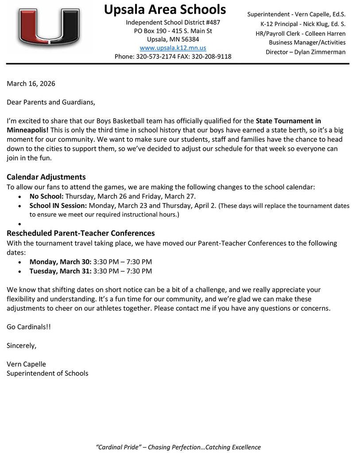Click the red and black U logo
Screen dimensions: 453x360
49,27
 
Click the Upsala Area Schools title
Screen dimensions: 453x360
165,9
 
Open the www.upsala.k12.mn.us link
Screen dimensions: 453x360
173,48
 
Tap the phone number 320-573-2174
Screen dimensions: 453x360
159,57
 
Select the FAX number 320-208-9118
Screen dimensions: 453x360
211,57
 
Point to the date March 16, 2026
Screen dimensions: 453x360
31,84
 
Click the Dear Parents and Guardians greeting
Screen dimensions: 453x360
51,102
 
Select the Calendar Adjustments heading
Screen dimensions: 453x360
46,177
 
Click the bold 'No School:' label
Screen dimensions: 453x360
46,196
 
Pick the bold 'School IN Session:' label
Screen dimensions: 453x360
58,206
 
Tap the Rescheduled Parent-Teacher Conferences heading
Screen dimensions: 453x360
81,233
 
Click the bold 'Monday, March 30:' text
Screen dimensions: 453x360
61,261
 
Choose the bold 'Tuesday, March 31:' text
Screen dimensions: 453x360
61,271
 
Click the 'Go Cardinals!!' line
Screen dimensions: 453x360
29,327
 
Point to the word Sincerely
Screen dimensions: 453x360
22,346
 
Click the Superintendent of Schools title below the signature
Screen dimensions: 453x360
47,373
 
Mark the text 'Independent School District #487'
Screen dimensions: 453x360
173,22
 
